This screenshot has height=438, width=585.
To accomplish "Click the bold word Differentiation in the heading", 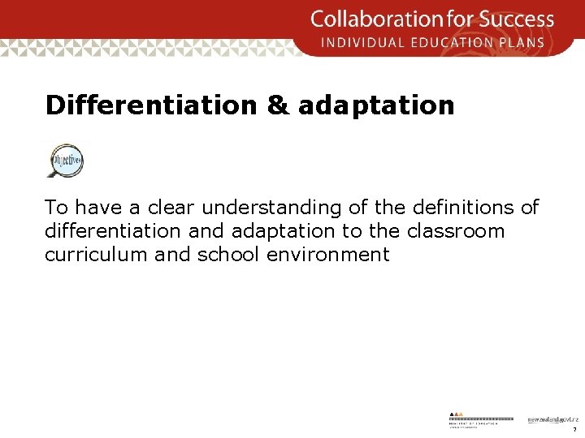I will coord(152,105).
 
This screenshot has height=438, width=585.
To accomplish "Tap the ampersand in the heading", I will coord(277,105).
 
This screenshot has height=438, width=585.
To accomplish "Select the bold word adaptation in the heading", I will coord(376,105).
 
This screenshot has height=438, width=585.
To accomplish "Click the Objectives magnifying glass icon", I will coord(66,160).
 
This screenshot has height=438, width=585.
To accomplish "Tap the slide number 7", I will coord(574,429).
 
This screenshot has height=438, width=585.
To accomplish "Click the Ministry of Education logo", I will coord(481,419).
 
